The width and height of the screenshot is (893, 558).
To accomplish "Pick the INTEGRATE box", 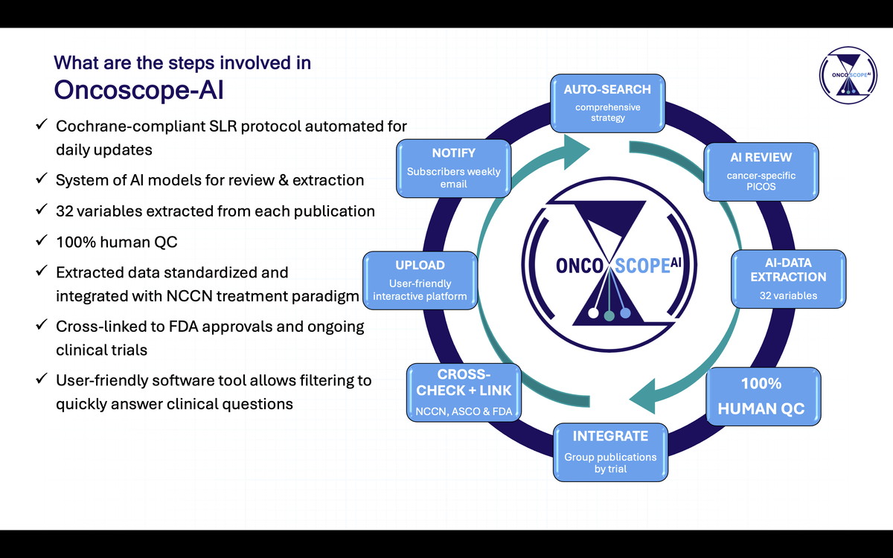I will (610, 451).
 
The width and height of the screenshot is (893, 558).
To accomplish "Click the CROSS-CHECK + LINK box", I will (464, 391).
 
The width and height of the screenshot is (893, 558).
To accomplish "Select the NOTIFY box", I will (453, 167).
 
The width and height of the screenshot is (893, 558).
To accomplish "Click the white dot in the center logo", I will (593, 312).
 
